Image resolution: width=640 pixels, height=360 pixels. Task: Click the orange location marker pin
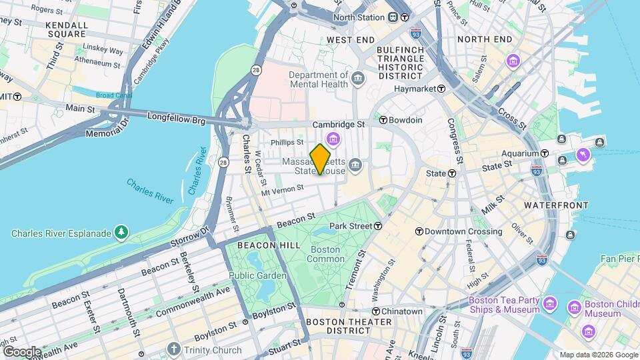tap(321, 159)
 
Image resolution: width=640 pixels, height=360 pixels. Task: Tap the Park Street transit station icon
tap(378, 226)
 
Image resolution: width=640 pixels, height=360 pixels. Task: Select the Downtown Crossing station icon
tap(419, 231)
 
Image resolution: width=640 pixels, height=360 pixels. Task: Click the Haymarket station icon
tap(441, 88)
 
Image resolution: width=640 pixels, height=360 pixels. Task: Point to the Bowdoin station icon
tap(383, 120)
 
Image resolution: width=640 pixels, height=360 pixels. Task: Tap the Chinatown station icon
tap(376, 311)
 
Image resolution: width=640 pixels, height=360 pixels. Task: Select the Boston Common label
tap(325, 254)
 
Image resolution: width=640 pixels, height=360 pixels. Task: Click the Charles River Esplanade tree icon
tap(121, 233)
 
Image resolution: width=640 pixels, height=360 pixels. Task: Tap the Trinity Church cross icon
tap(174, 349)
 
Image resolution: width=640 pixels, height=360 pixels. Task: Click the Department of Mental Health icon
tap(359, 80)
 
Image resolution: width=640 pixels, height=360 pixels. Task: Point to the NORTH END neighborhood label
tap(485, 39)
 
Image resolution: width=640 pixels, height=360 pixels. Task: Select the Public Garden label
tap(257, 275)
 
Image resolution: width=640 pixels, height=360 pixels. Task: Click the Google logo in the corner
tap(22, 352)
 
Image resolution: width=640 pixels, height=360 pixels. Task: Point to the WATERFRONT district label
tap(557, 205)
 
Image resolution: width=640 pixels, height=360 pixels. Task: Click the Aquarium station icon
tap(545, 153)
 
